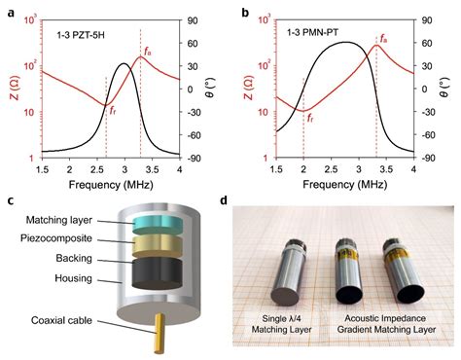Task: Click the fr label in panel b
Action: click(310, 118)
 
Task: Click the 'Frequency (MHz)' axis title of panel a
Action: click(111, 182)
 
